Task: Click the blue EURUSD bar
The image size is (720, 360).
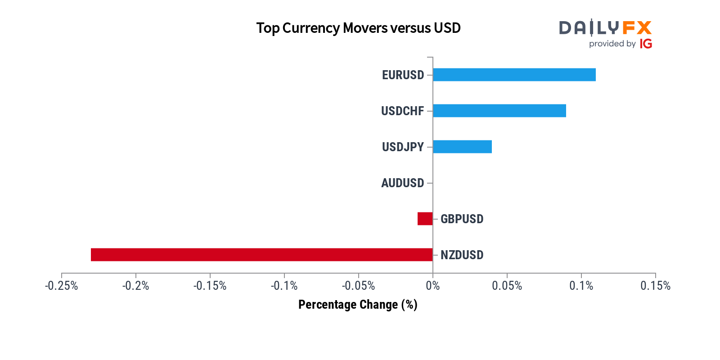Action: pyautogui.click(x=514, y=75)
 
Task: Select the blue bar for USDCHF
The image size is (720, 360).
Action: pyautogui.click(x=499, y=111)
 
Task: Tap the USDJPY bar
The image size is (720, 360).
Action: pyautogui.click(x=462, y=147)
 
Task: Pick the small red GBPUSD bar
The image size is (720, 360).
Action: pyautogui.click(x=425, y=219)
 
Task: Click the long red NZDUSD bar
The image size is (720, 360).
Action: pyautogui.click(x=261, y=255)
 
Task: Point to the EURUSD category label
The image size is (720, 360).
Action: pyautogui.click(x=403, y=75)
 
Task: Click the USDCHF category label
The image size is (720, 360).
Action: pyautogui.click(x=402, y=111)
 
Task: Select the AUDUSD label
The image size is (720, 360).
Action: pyautogui.click(x=402, y=183)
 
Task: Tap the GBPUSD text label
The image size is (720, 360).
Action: pyautogui.click(x=462, y=219)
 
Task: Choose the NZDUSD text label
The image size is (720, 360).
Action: pyautogui.click(x=462, y=255)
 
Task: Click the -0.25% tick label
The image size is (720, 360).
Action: pyautogui.click(x=62, y=286)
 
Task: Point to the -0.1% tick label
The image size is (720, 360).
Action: pyautogui.click(x=284, y=286)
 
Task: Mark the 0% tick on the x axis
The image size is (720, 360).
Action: pyautogui.click(x=432, y=286)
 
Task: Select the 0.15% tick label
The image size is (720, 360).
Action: pyautogui.click(x=655, y=286)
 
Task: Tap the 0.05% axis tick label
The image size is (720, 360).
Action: pyautogui.click(x=507, y=286)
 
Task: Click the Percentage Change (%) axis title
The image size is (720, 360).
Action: pyautogui.click(x=358, y=305)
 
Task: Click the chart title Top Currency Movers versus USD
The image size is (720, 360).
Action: pyautogui.click(x=358, y=28)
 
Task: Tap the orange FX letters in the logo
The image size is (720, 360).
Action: pyautogui.click(x=637, y=28)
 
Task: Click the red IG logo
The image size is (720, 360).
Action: pyautogui.click(x=646, y=44)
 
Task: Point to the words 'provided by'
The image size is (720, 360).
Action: pyautogui.click(x=612, y=44)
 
